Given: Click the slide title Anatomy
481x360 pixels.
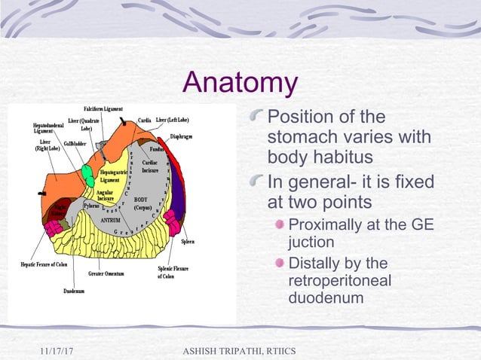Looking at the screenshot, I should click(x=240, y=83).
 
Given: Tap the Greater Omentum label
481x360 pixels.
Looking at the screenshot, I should click(x=106, y=273).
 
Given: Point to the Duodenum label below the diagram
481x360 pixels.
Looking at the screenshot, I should click(x=73, y=290).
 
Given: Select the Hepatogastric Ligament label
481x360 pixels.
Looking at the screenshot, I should click(x=110, y=177).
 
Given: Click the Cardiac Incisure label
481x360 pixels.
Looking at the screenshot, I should click(x=150, y=166).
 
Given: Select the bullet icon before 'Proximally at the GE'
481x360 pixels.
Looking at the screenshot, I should click(x=280, y=225).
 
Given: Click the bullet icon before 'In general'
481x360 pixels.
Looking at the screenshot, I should click(x=259, y=182).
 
